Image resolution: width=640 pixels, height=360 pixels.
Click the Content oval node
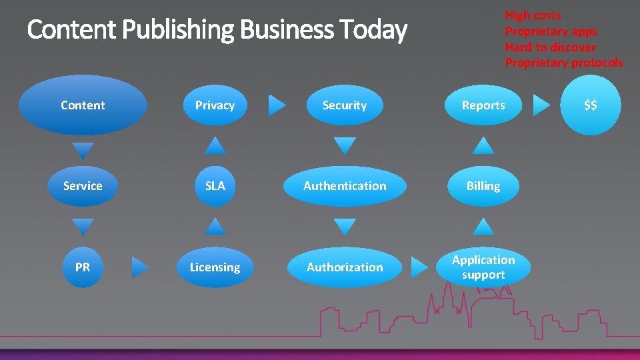pos(83,105)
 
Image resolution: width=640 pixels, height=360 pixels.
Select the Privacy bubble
pos(215,105)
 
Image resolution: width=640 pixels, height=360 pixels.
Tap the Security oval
pos(344,105)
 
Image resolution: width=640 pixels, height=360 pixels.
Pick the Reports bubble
pos(483,105)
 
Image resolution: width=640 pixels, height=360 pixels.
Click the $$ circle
pos(590,105)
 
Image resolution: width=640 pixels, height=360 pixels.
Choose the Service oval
pos(83,186)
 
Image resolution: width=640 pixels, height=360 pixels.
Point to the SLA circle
pos(215,186)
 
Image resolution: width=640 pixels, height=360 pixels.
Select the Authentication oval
pos(344,186)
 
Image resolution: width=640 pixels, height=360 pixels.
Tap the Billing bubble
pos(483,186)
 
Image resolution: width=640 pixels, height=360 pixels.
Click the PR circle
pos(83,267)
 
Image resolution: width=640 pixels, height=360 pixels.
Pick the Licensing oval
pos(215,267)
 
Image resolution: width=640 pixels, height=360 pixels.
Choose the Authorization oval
pos(344,267)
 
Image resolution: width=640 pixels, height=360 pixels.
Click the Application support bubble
pos(483,267)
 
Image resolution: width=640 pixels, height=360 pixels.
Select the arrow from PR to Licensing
pos(139,267)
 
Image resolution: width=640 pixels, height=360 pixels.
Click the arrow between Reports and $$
pos(542,105)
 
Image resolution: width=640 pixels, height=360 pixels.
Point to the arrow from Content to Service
pos(83,149)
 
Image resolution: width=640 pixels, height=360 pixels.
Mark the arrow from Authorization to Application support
pos(419,267)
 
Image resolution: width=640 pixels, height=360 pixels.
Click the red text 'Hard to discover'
pos(550,47)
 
